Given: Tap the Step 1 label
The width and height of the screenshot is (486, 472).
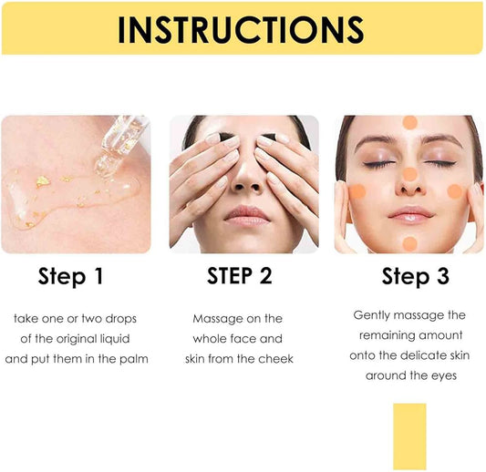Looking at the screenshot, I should (x=70, y=276).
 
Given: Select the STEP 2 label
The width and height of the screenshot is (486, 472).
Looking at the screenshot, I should (x=239, y=275).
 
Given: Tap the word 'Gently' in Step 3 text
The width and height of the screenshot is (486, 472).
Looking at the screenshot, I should (x=373, y=314).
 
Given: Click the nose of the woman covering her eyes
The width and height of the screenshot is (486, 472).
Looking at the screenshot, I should (x=242, y=178).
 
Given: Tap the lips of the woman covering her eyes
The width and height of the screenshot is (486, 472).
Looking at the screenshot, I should (x=243, y=215).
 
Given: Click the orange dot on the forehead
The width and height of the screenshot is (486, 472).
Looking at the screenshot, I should (x=409, y=122).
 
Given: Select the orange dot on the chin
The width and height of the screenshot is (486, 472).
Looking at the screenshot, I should (x=409, y=243).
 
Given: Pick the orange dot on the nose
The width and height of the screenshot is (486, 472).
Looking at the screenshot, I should (x=409, y=174).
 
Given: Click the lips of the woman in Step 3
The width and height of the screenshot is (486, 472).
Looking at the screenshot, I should (x=409, y=213).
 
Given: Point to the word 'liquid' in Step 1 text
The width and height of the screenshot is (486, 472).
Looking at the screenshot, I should (x=124, y=339).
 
